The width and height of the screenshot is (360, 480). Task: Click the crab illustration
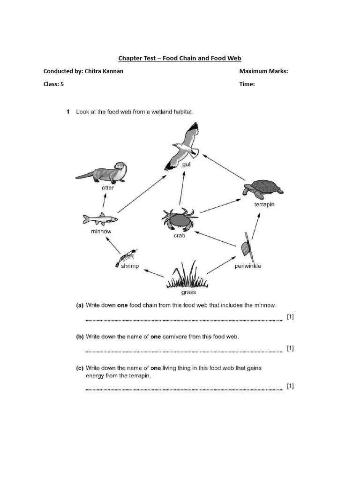tap(180, 219)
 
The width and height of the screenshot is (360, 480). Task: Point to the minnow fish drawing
tap(100, 219)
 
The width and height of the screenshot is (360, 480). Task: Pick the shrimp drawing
tap(126, 258)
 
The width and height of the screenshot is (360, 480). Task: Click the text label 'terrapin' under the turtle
tap(265, 204)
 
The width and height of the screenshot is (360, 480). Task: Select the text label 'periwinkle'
tap(247, 266)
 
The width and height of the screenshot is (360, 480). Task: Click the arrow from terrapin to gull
tap(225, 168)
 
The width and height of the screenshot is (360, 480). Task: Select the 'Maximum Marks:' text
tap(263, 71)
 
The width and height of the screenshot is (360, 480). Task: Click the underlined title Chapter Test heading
tap(180, 58)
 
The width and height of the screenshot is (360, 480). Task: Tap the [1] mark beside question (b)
tap(290, 348)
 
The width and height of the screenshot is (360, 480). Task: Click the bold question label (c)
tap(80, 368)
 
